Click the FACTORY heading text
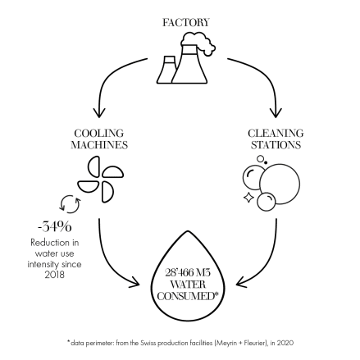point(186,22)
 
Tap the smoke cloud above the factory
point(198,43)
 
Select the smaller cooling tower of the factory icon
point(166,70)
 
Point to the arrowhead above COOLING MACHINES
point(99,112)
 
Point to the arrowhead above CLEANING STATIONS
point(276,112)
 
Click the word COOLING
point(99,134)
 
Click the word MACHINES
point(99,145)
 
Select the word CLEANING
point(276,134)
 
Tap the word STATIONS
point(276,145)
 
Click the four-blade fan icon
point(101,180)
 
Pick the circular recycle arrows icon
point(70,204)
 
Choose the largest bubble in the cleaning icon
point(280,184)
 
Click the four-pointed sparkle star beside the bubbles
point(248,198)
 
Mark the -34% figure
point(55,227)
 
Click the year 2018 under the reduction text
point(55,275)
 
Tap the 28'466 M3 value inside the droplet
point(188,272)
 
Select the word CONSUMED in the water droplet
point(186,296)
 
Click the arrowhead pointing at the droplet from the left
point(134,283)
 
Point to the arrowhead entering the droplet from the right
point(241,282)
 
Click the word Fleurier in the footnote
point(256,343)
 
